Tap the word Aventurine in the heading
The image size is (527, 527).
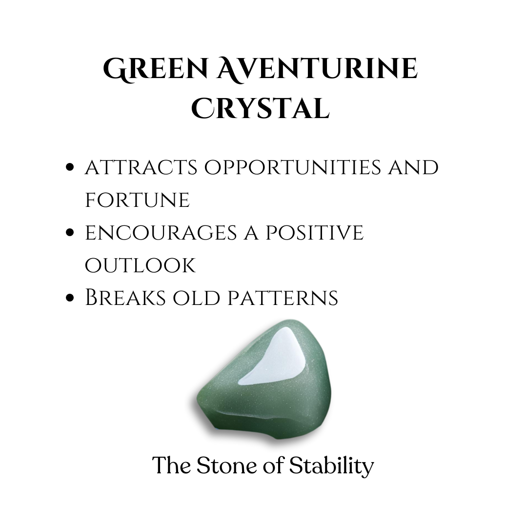coord(317,69)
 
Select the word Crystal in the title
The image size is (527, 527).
coord(261,108)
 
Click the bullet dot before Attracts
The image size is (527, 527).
coord(70,167)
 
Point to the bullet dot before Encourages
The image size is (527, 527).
coord(70,232)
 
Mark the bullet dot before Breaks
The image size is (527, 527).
coord(70,298)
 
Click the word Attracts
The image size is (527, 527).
coord(141,167)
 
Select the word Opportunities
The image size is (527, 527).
coord(293,167)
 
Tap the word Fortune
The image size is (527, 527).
coord(138,200)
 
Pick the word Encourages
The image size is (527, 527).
coord(161,233)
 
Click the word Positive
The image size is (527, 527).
coord(315,233)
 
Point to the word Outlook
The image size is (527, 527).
coord(140,265)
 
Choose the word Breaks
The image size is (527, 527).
coord(125,298)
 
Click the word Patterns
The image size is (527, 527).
coord(283,298)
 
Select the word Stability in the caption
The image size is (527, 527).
coord(331,466)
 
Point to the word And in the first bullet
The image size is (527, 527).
coord(413,167)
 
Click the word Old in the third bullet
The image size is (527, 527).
coord(197,298)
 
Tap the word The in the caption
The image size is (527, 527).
coord(172,466)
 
